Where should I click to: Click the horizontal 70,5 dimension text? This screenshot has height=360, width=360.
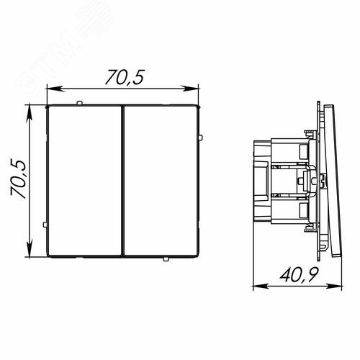coord(125,77)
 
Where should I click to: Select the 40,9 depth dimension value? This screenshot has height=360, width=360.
coord(300,274)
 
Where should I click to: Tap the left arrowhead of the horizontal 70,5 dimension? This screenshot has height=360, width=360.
coord(55,89)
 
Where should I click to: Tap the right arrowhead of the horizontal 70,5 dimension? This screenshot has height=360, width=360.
coord(190,89)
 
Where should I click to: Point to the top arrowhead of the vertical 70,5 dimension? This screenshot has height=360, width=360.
coord(30,114)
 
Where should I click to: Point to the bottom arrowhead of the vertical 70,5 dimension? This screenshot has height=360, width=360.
coord(30,248)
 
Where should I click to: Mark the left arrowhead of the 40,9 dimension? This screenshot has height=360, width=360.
coord(261,286)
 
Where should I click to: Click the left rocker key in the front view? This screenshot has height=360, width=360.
coord(84,181)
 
